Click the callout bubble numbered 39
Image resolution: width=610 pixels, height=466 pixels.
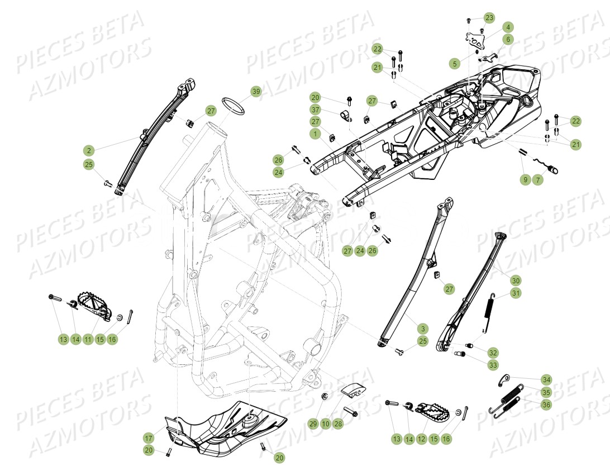coord(256,92)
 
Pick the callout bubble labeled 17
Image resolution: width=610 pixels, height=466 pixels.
coord(148,438)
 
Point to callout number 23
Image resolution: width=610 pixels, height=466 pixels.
coord(489,18)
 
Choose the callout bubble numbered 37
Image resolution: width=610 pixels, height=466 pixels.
coord(316,110)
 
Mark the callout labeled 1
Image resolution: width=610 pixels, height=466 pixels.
coord(316,134)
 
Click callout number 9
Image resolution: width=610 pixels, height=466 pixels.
coord(525,180)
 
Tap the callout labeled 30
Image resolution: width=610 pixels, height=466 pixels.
coord(515,280)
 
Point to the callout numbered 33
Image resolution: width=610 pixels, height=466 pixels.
coord(493,365)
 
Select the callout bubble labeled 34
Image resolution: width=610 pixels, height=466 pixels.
coord(546,379)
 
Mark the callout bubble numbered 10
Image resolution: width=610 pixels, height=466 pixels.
coord(326,424)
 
